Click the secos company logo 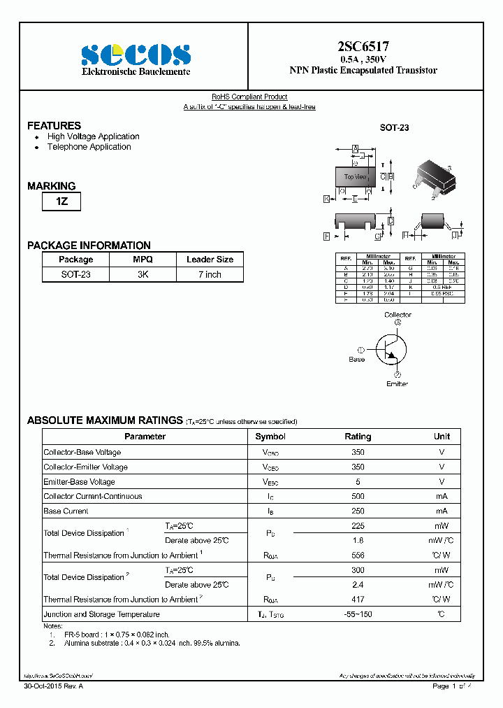tap(136, 54)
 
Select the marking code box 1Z tap(61, 202)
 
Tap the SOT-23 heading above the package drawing tap(394, 128)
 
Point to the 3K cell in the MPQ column tap(143, 275)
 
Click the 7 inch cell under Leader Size tap(209, 275)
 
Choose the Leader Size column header tap(210, 260)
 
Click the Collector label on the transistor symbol tap(398, 315)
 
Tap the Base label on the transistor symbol tap(356, 359)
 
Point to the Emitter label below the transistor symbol tap(397, 384)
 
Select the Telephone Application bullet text tap(89, 147)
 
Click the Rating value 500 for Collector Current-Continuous tap(358, 496)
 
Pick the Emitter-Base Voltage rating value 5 tap(358, 481)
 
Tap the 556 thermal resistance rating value tap(358, 555)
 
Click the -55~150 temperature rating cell tap(358, 614)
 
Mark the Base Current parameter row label tap(66, 511)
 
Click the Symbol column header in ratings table tap(270, 437)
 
